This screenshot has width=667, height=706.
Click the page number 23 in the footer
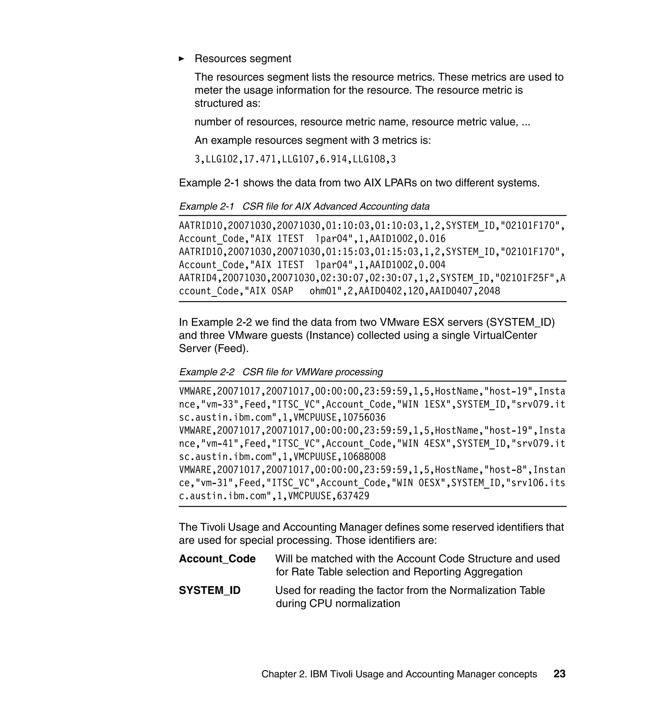click(559, 674)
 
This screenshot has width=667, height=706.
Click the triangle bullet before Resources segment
click(182, 59)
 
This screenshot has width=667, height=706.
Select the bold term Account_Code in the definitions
click(217, 558)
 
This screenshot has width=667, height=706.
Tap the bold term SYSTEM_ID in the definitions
click(209, 590)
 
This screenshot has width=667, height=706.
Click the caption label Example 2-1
click(206, 206)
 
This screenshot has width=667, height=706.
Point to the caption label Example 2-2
click(206, 372)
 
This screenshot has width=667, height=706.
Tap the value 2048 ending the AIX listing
click(489, 291)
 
